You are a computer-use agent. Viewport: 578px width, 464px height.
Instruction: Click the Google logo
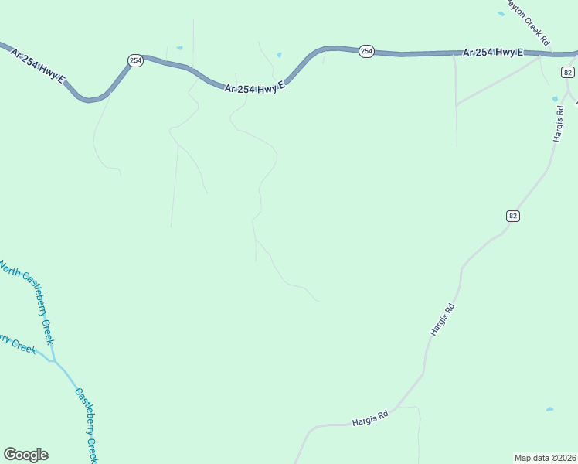25,455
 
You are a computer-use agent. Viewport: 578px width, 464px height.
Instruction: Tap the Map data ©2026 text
546,458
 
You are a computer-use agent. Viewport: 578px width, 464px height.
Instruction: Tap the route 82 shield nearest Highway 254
568,73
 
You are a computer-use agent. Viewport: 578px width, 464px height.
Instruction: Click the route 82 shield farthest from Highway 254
512,216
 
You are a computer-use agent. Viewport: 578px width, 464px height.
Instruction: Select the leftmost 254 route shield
135,60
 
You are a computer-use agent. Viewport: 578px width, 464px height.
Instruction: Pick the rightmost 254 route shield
366,51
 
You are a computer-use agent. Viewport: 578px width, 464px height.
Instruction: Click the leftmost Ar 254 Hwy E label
38,67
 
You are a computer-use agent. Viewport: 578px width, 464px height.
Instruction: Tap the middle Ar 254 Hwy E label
256,87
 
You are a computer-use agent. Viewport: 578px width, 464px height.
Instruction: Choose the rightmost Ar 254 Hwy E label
493,53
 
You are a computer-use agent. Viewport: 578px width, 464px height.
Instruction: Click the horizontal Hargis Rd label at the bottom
369,418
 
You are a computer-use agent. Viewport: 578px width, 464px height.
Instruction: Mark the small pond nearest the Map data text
549,409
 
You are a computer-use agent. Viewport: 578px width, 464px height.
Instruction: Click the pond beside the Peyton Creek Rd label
501,13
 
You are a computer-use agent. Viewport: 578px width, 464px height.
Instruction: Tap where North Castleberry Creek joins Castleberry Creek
53,360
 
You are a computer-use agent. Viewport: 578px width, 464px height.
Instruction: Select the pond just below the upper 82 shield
556,99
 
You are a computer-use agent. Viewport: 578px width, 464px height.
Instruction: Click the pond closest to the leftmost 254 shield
179,48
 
